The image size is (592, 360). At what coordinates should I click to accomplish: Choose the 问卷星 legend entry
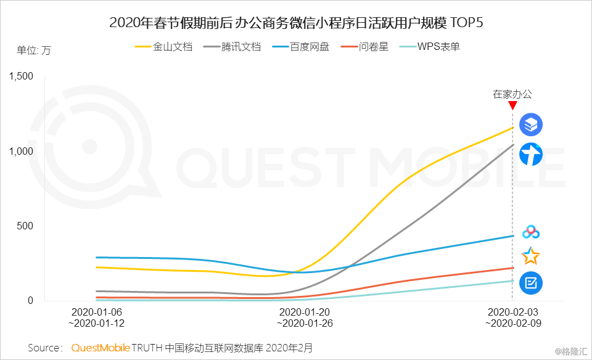[x=373, y=46]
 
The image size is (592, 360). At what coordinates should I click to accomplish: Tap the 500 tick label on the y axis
[x=25, y=226]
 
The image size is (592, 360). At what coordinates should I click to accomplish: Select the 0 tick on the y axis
[x=30, y=301]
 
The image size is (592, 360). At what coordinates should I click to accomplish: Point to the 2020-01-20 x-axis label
[x=306, y=313]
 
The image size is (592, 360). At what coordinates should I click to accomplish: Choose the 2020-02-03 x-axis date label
[x=512, y=313]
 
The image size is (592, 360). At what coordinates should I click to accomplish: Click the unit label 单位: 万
[x=34, y=51]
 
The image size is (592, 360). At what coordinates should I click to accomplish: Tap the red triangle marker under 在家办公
[x=512, y=106]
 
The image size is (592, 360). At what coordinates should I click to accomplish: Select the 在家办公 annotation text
[x=512, y=94]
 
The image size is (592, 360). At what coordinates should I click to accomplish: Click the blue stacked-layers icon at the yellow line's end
[x=531, y=125]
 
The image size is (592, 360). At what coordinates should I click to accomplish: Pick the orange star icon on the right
[x=530, y=256]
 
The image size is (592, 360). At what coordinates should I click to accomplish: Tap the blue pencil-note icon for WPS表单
[x=530, y=282]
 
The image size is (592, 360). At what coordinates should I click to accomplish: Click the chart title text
[x=296, y=23]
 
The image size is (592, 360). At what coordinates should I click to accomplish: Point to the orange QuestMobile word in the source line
[x=101, y=348]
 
